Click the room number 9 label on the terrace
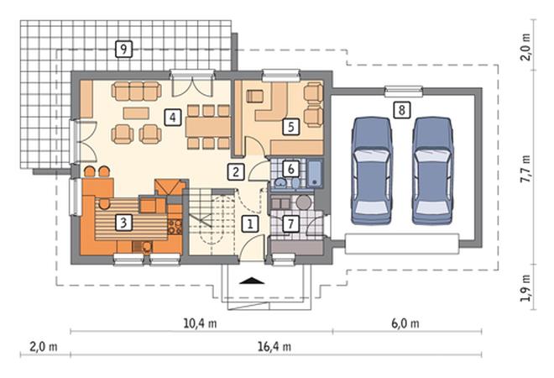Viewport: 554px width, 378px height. [x=123, y=49]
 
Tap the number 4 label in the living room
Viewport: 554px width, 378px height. [x=172, y=117]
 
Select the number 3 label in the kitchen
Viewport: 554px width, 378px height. [x=123, y=223]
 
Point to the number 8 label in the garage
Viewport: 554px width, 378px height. [x=402, y=110]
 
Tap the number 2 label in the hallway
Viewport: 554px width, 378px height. [x=236, y=172]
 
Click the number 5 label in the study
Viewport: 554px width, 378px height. [x=290, y=127]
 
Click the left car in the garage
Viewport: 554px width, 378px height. [x=372, y=171]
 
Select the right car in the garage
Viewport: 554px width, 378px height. [x=432, y=171]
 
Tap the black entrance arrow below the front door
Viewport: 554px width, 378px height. [x=252, y=281]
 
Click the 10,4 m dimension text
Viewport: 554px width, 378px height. [x=200, y=323]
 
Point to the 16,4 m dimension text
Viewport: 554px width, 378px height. [x=274, y=346]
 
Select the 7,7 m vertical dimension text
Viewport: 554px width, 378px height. [x=525, y=169]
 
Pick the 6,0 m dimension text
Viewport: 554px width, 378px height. [x=405, y=323]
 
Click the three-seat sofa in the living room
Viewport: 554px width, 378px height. [x=137, y=91]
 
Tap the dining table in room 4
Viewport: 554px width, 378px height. [x=208, y=127]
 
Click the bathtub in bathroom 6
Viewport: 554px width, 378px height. [x=315, y=173]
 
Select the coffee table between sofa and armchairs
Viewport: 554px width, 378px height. [x=136, y=113]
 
